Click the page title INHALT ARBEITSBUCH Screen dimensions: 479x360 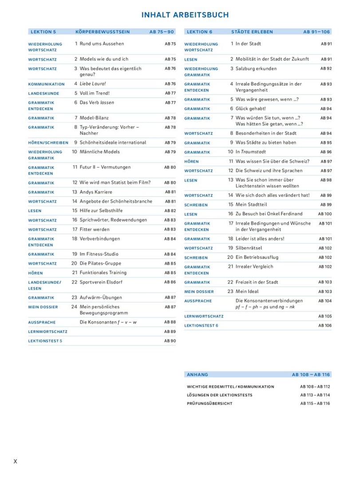click(185, 15)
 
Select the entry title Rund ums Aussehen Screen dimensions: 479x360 click(102, 44)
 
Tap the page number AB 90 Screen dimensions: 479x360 click(170, 341)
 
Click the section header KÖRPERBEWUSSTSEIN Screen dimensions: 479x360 click(103, 32)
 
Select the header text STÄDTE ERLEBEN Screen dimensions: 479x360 click(252, 32)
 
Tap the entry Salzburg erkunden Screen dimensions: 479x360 click(256, 69)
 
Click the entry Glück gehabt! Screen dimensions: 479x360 click(251, 109)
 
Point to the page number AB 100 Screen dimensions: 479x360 click(325, 214)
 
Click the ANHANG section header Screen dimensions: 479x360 click(198, 375)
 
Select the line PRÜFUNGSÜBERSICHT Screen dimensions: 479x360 click(210, 404)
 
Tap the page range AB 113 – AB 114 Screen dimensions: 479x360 click(315, 395)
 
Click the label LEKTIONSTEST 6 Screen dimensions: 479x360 click(201, 326)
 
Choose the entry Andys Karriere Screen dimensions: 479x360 click(96, 192)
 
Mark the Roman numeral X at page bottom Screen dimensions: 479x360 click(16, 461)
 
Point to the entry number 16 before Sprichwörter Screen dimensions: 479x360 click(75, 220)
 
